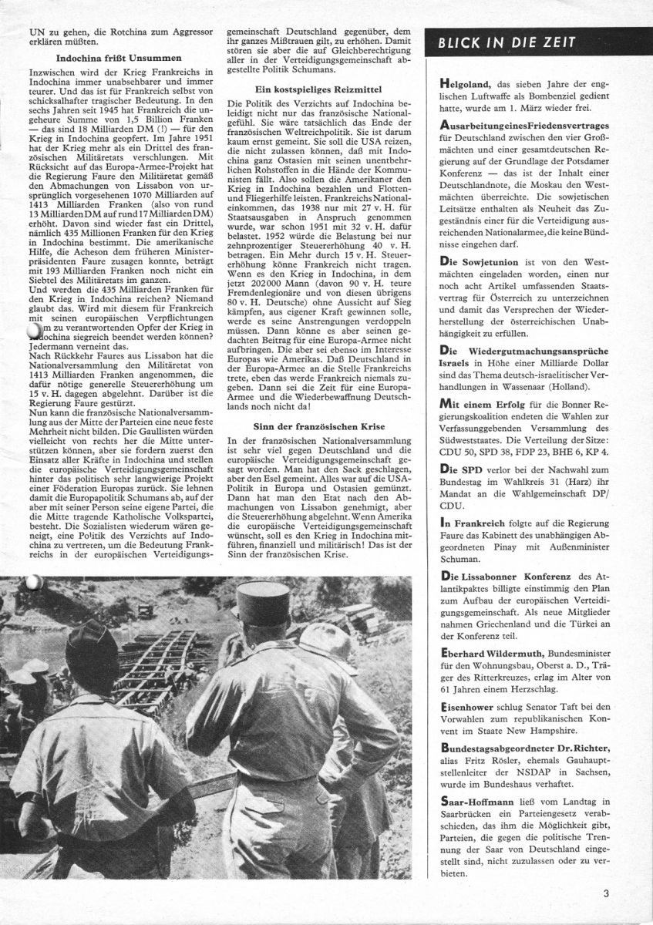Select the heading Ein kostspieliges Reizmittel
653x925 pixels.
point(318,90)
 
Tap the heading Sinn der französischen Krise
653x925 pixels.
point(318,426)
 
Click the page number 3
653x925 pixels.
point(607,893)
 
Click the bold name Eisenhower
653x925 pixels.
point(470,706)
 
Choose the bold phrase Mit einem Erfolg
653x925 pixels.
point(482,402)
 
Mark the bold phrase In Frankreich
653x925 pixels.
point(473,522)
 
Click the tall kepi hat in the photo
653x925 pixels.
point(264,605)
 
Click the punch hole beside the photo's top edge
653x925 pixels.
point(33,582)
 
